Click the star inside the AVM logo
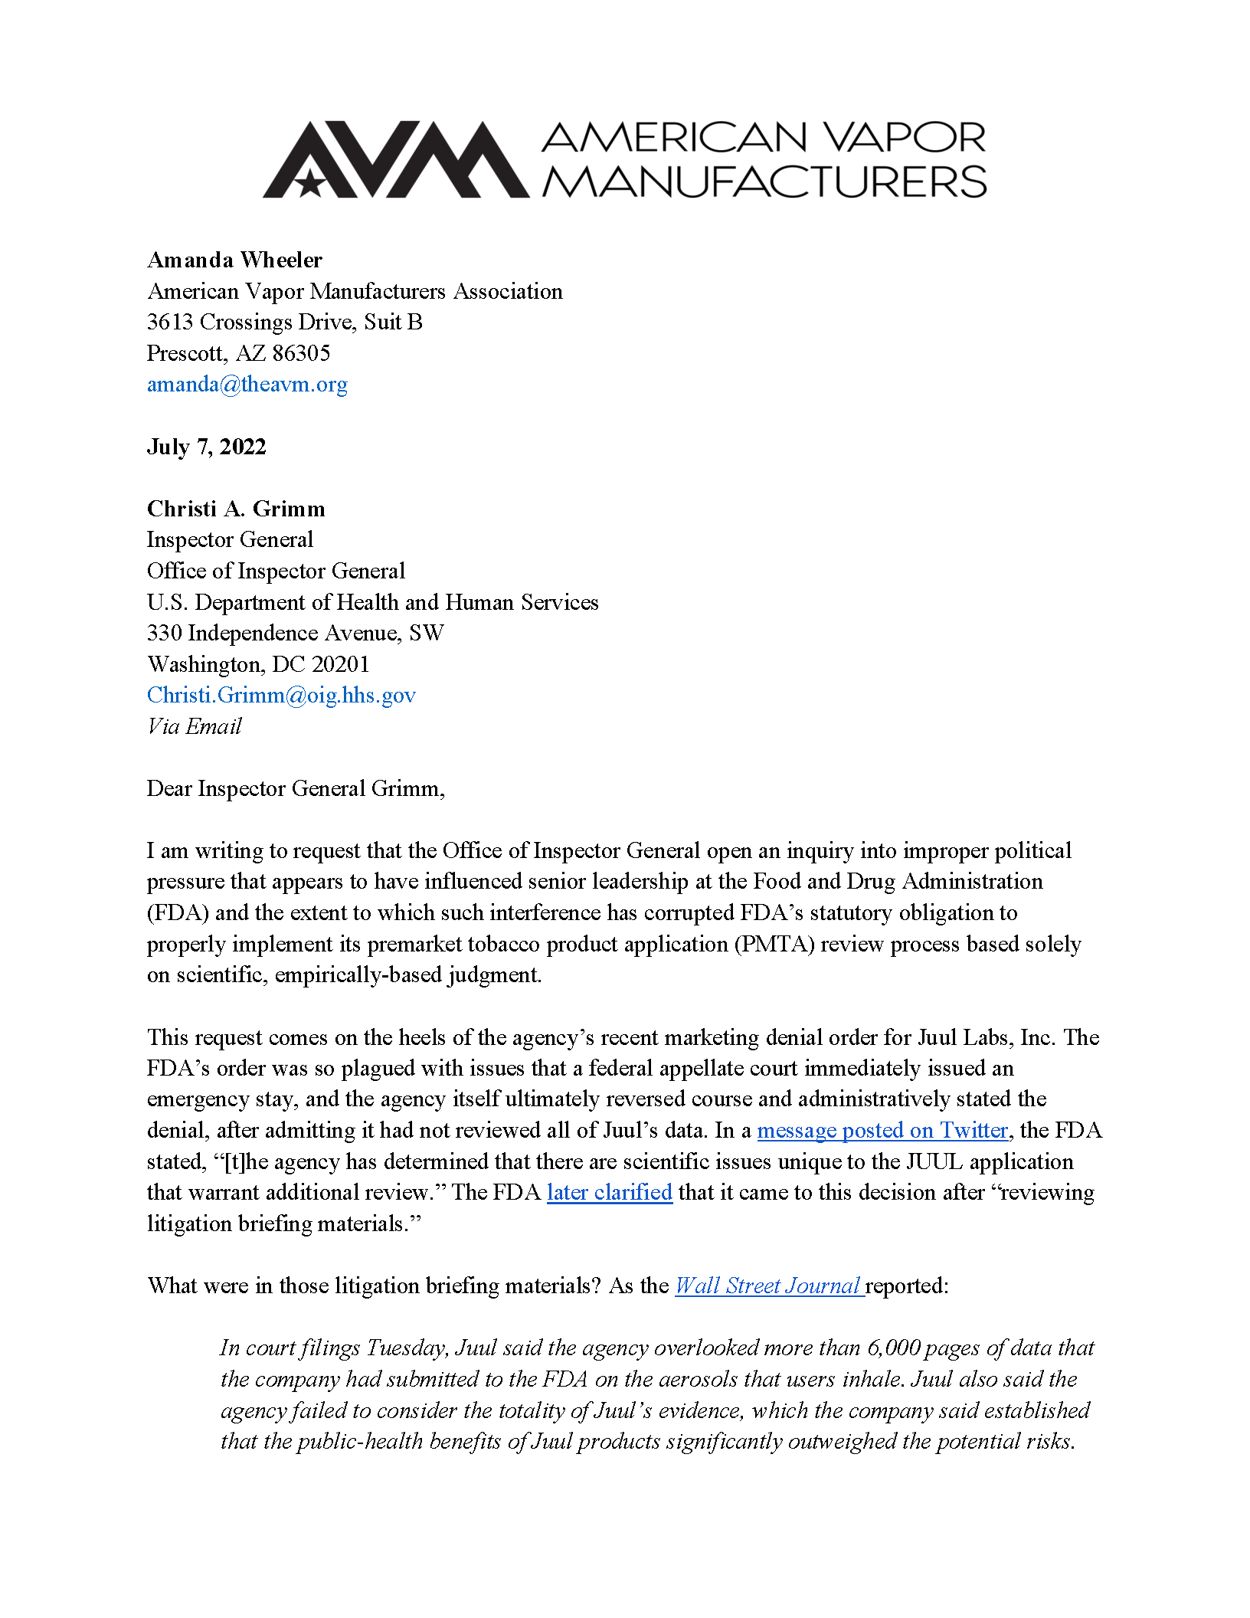coord(309,182)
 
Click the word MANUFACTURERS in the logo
coord(764,182)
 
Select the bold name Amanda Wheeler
coord(234,260)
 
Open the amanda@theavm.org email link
coord(247,385)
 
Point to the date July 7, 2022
coord(206,447)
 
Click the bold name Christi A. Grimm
coord(236,509)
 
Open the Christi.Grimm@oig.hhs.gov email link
coord(281,695)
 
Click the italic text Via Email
coord(195,726)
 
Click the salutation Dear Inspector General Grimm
coord(296,788)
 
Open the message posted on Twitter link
coord(882,1131)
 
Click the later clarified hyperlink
coord(609,1193)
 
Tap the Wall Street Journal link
coord(768,1286)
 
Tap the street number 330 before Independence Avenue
coord(164,633)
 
